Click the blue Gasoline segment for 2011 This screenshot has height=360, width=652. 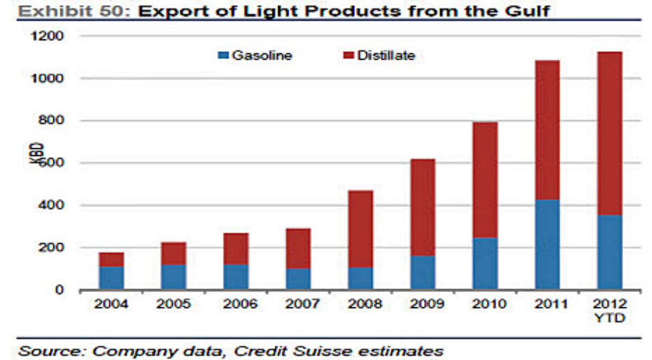click(x=547, y=244)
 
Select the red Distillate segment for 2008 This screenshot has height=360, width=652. click(x=360, y=229)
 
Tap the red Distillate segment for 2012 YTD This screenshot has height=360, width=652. click(x=610, y=134)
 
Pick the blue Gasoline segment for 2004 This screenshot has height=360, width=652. click(x=111, y=277)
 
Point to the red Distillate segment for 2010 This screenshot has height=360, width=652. click(x=485, y=180)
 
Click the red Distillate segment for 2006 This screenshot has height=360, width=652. click(x=236, y=249)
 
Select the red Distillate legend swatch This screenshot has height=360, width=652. click(x=348, y=55)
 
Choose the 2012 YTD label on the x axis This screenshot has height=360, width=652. click(x=610, y=311)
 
